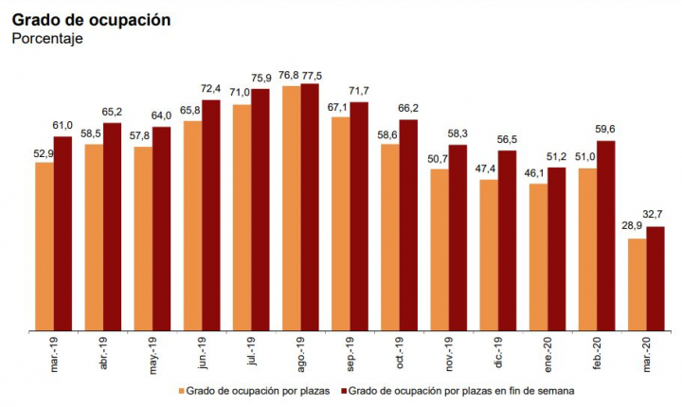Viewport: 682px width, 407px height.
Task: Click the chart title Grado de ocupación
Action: pyautogui.click(x=91, y=20)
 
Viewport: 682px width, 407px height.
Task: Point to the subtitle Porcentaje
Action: pyautogui.click(x=47, y=40)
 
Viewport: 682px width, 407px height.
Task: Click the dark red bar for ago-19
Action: pyautogui.click(x=310, y=207)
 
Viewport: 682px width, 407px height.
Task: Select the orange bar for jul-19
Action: pyautogui.click(x=242, y=218)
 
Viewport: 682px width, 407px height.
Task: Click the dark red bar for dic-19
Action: pyautogui.click(x=508, y=240)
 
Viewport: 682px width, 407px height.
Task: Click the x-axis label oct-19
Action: pyautogui.click(x=398, y=355)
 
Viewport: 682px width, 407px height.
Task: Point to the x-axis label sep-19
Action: pyautogui.click(x=349, y=355)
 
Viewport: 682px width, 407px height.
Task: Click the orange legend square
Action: pyautogui.click(x=181, y=390)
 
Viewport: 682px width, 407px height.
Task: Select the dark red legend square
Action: pyautogui.click(x=344, y=390)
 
